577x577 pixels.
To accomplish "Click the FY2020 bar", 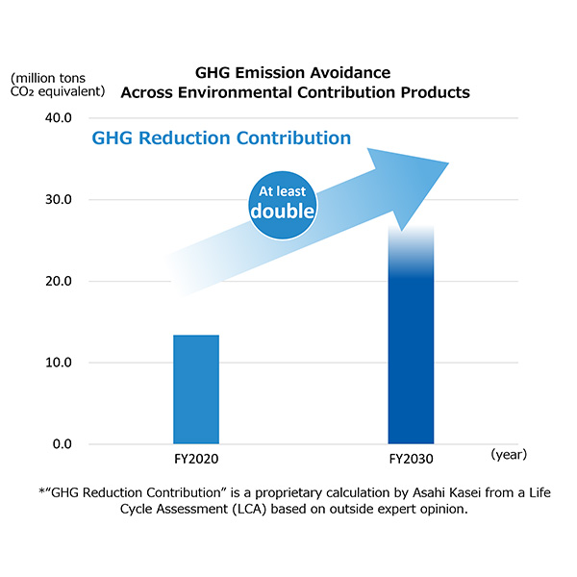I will (196, 389).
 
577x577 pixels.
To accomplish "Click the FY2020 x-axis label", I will (196, 460).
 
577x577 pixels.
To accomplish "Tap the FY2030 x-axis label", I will (412, 460).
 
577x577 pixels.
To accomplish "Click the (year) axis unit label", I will (508, 452).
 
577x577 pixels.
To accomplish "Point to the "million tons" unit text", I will (54, 77).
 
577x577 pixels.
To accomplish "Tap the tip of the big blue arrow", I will (447, 163).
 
